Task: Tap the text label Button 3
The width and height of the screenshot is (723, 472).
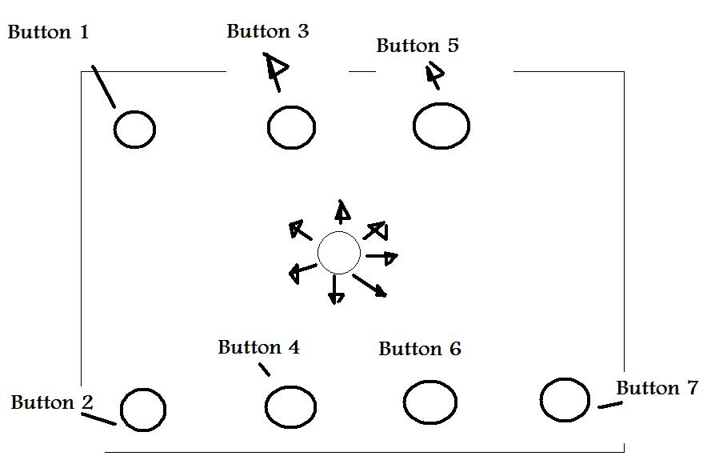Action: click(x=267, y=32)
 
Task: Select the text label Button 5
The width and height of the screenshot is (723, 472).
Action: click(x=417, y=46)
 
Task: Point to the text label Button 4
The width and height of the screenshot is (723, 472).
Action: click(x=258, y=348)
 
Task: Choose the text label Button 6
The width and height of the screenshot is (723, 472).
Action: click(x=420, y=350)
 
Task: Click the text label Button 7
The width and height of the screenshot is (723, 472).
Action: click(x=657, y=389)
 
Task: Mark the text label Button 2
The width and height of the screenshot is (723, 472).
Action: click(x=52, y=402)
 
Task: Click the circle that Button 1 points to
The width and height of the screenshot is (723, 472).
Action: click(x=134, y=130)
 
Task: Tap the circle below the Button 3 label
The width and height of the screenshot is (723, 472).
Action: click(x=291, y=127)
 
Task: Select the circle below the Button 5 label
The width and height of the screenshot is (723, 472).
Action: click(x=441, y=126)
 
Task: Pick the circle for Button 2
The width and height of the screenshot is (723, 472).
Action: click(x=144, y=410)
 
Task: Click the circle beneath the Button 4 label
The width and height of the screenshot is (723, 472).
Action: click(x=290, y=406)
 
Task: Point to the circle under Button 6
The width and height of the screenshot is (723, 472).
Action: click(x=430, y=402)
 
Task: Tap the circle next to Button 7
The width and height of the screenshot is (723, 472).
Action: click(x=565, y=400)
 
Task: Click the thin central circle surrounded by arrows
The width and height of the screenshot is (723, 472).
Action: click(x=339, y=253)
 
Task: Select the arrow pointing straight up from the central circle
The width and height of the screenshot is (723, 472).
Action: click(x=342, y=211)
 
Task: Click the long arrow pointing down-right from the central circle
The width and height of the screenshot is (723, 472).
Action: click(x=371, y=286)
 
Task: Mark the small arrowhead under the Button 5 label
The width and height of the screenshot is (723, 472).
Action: click(x=434, y=75)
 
